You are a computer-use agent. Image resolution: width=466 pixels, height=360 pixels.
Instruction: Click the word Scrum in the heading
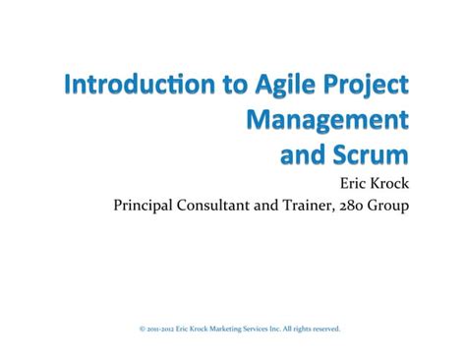[x=362, y=154]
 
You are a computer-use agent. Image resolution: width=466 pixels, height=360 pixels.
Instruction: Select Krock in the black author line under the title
[x=384, y=183]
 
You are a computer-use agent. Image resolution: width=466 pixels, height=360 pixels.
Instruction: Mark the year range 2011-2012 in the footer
[x=162, y=330]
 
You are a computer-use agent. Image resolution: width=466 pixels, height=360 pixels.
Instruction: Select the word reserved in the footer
[x=326, y=330]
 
